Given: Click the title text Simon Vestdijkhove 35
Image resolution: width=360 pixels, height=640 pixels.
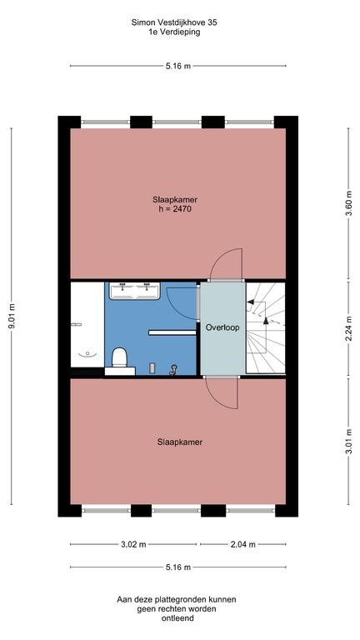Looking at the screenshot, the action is [x=174, y=22].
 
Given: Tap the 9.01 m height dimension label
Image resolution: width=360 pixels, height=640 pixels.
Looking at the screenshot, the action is [x=12, y=317].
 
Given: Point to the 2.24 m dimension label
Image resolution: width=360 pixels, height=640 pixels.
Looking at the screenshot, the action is [x=348, y=329].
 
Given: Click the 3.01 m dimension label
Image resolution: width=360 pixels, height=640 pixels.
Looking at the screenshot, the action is [x=348, y=441].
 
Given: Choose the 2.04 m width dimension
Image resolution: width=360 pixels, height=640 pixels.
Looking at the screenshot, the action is [x=242, y=544].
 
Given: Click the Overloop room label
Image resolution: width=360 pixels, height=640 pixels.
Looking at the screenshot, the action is [x=222, y=327].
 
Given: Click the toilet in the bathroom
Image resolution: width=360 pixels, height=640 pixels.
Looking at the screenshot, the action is [x=120, y=358].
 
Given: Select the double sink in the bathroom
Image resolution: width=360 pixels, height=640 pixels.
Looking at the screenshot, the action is [x=135, y=291].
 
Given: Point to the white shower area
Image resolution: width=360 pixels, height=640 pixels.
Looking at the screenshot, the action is [x=87, y=324].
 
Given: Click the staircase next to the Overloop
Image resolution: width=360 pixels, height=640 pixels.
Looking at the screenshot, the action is [x=266, y=327].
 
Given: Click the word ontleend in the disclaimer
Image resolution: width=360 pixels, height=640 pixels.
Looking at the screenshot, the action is [x=177, y=618].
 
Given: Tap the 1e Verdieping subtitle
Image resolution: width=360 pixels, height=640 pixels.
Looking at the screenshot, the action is [x=174, y=32].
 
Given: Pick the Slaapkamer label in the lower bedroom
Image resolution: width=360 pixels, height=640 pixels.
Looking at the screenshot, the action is [x=180, y=442].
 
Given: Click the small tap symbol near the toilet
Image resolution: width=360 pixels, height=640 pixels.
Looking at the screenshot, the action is [x=173, y=370].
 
